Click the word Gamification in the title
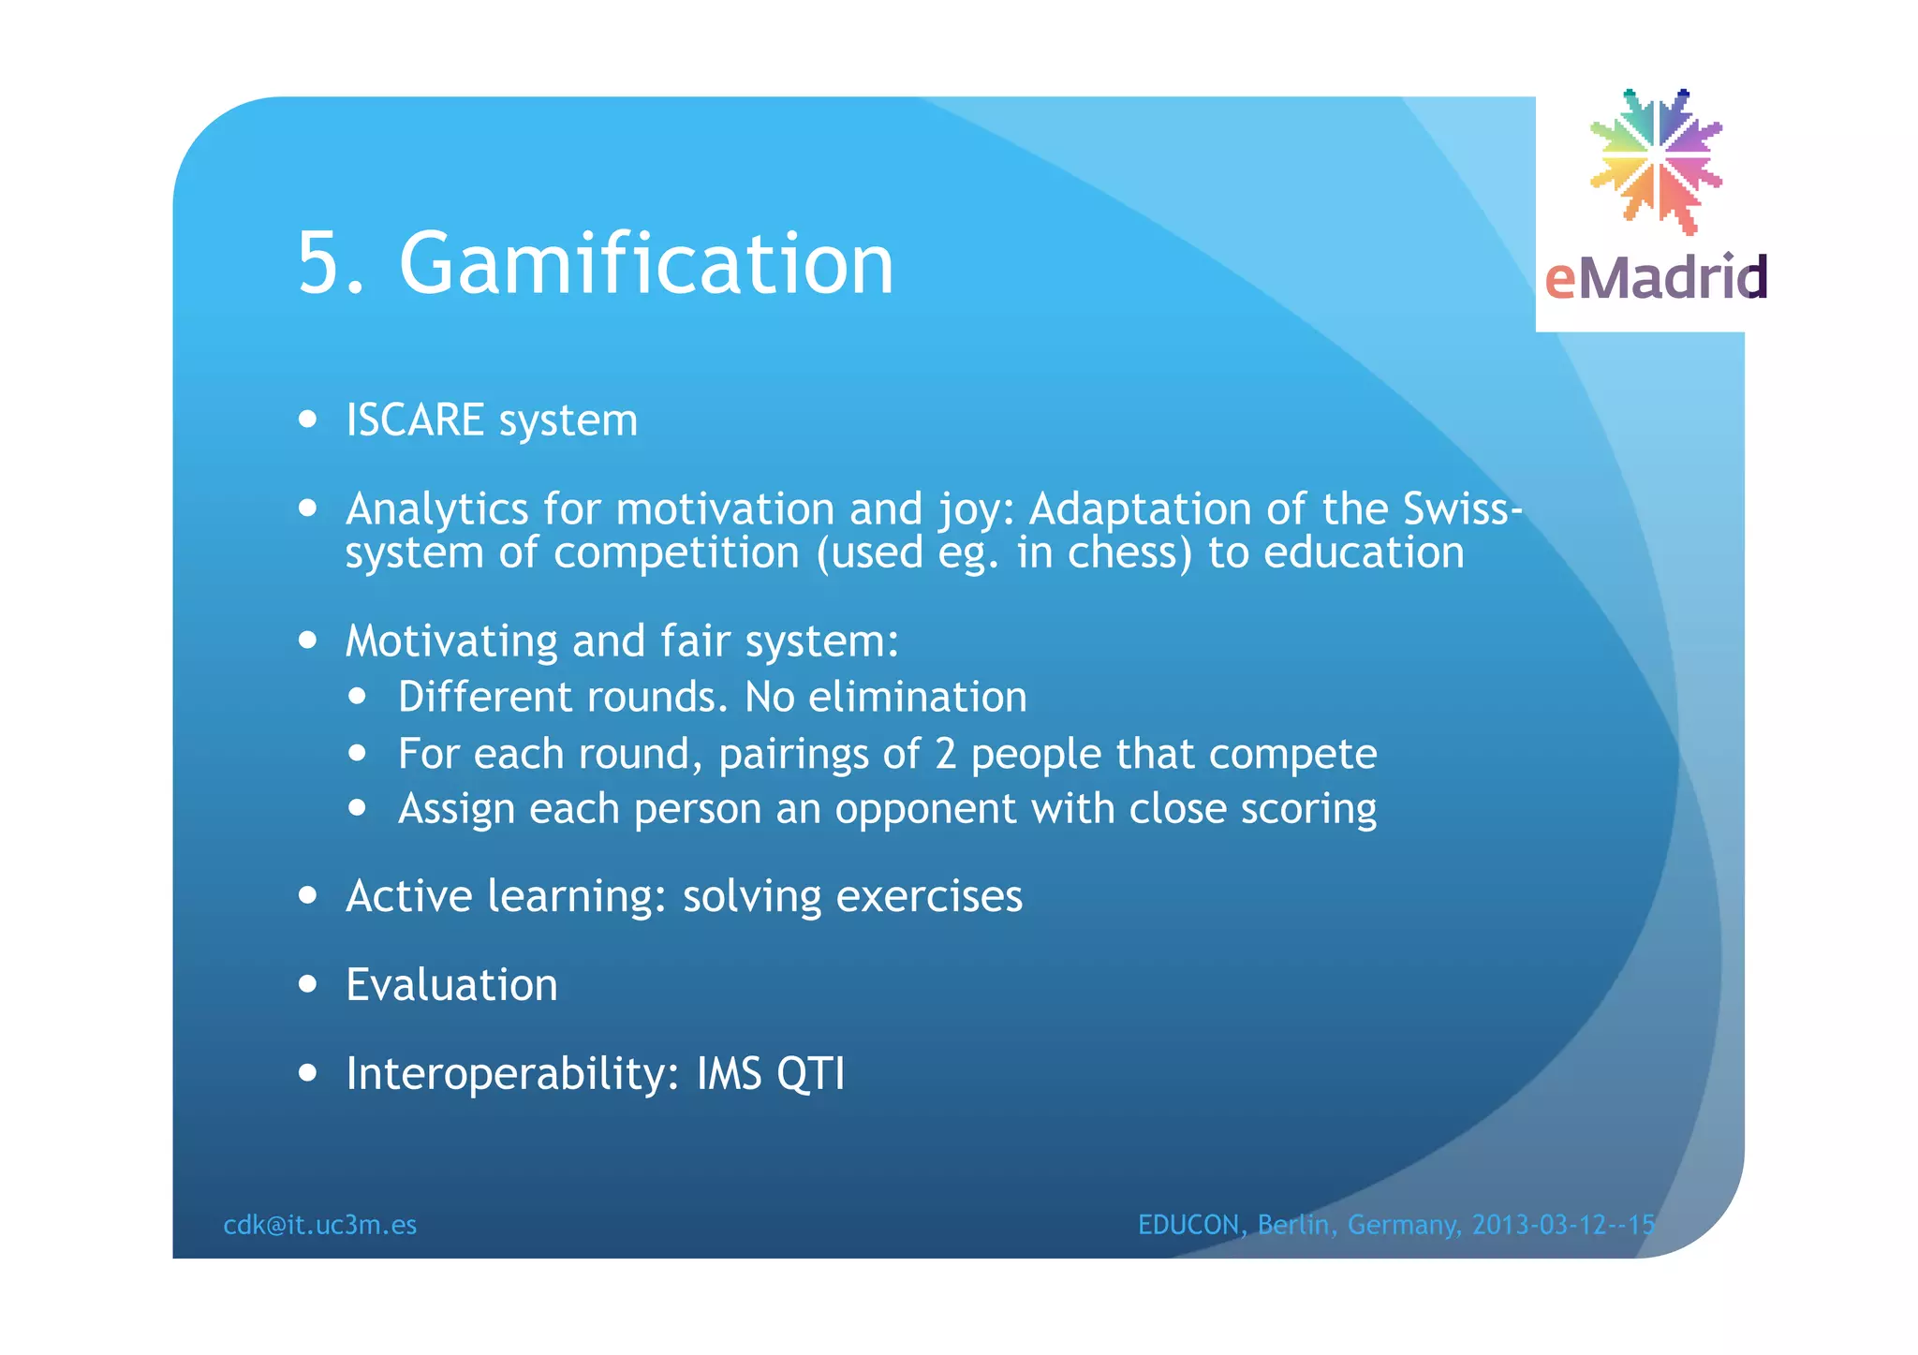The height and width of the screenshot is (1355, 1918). (646, 265)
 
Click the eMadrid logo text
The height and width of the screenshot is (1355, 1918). (1655, 278)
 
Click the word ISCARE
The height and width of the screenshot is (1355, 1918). (415, 420)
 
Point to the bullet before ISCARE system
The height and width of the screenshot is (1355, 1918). (308, 420)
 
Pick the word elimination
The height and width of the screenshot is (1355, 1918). (918, 698)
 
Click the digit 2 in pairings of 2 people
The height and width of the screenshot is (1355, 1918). (946, 754)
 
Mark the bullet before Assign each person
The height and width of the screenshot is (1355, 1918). (357, 808)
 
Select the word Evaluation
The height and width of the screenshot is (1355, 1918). (451, 985)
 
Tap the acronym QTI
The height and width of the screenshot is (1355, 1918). (810, 1074)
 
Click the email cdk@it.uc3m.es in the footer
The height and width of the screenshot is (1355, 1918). (320, 1225)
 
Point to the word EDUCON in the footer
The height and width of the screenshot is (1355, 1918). (1188, 1225)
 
